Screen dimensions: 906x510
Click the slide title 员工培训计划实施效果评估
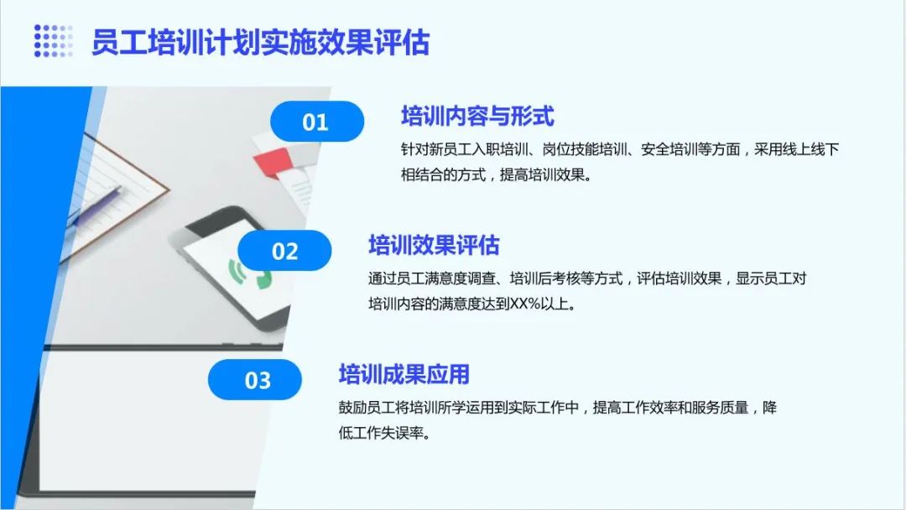tap(261, 42)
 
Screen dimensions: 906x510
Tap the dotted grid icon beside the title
tap(53, 40)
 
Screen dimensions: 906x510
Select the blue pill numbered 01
tap(316, 122)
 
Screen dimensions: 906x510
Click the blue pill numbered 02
tap(284, 251)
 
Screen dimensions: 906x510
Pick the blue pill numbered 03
tap(255, 379)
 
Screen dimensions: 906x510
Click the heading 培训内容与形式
tap(478, 116)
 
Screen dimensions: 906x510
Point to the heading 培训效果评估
tap(434, 245)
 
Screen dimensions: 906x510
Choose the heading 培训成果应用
tap(404, 374)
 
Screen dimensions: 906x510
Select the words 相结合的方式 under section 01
tap(443, 174)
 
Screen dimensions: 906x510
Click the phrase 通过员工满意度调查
tap(432, 278)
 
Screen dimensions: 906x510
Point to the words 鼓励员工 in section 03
tap(367, 408)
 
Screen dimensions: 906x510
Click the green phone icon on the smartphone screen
tap(250, 273)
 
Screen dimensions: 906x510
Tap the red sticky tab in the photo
tap(272, 161)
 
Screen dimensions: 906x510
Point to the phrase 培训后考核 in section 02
tap(545, 278)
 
